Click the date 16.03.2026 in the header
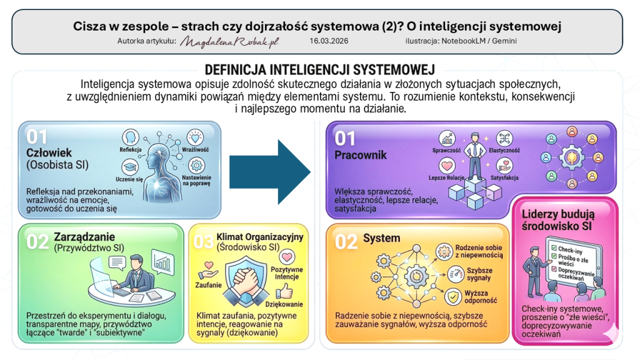tap(329, 41)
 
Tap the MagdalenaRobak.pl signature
tap(229, 41)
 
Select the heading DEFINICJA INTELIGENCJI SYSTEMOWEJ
tap(319, 69)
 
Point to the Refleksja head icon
tap(131, 137)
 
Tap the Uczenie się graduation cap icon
tap(129, 166)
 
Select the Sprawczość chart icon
tap(446, 138)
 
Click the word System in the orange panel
tap(382, 238)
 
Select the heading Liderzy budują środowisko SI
tap(558, 219)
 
